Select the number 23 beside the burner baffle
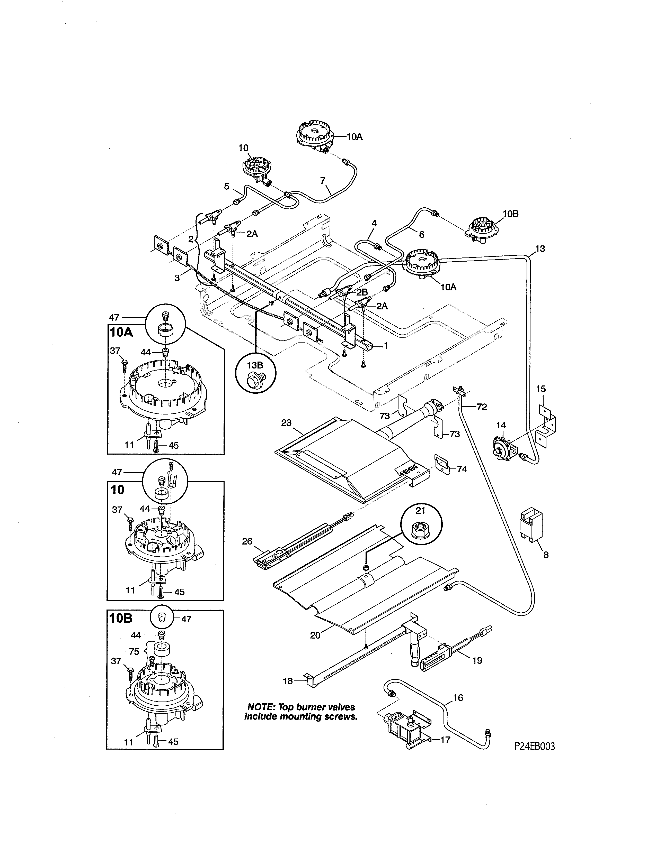(286, 422)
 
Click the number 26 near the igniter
(247, 541)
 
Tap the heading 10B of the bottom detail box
(121, 618)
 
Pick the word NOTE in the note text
(261, 707)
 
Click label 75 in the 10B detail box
(134, 651)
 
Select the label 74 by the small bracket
(462, 469)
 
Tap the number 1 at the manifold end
(386, 346)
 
